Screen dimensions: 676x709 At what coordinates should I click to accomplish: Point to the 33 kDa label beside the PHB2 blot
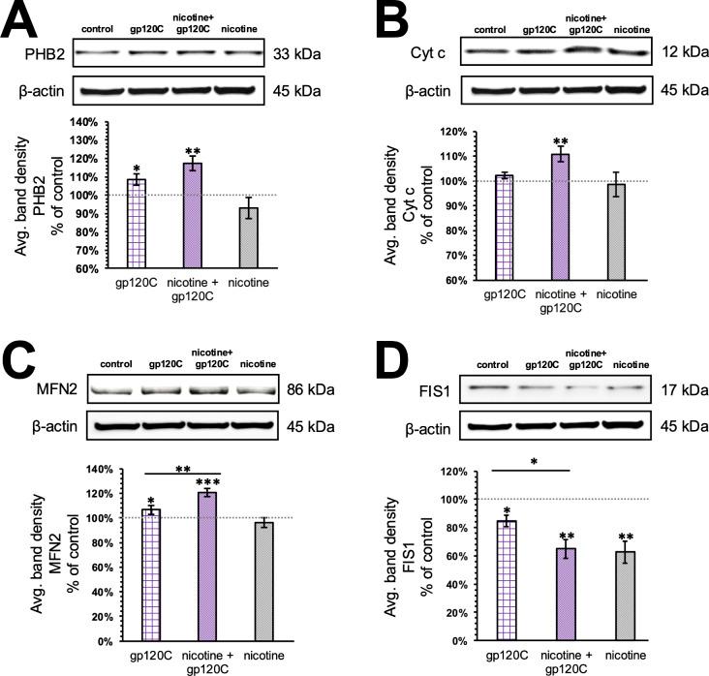(x=315, y=53)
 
